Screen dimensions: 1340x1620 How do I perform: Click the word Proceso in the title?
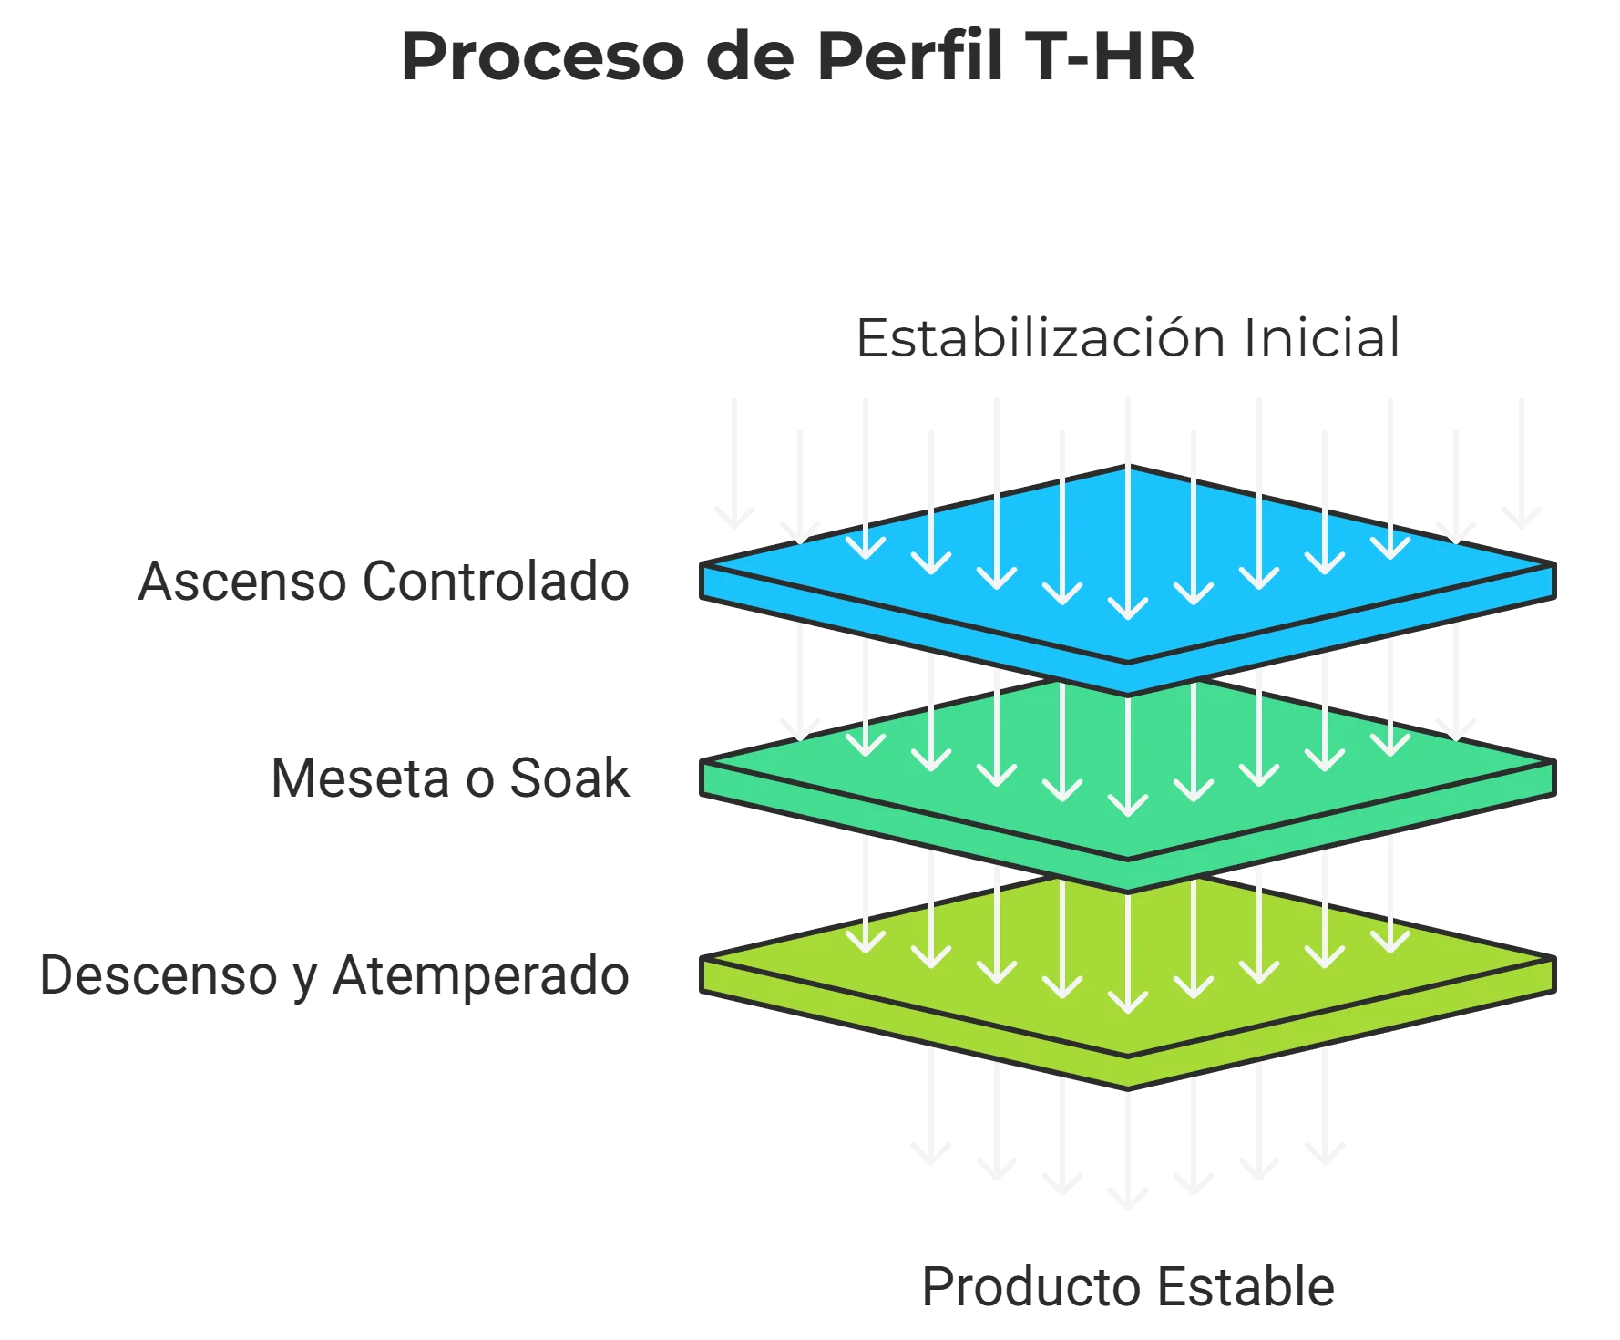click(x=542, y=57)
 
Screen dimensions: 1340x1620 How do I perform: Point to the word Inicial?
click(x=1321, y=336)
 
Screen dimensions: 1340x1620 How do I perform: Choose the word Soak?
click(x=570, y=779)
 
